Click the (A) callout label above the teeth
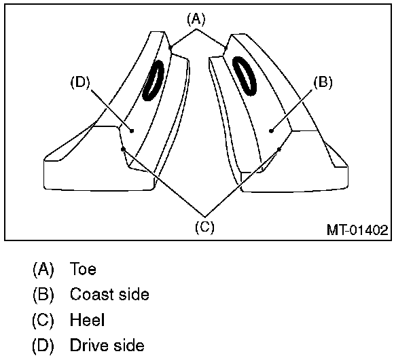[196, 20]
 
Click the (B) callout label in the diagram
[322, 83]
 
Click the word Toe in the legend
[83, 269]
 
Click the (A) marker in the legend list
[43, 269]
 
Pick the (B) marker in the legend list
[43, 295]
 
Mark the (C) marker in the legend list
[43, 320]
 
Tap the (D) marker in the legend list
[43, 346]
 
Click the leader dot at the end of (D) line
[132, 130]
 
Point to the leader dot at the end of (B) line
[270, 128]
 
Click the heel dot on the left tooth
[122, 149]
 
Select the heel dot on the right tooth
[280, 149]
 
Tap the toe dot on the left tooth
[170, 47]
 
